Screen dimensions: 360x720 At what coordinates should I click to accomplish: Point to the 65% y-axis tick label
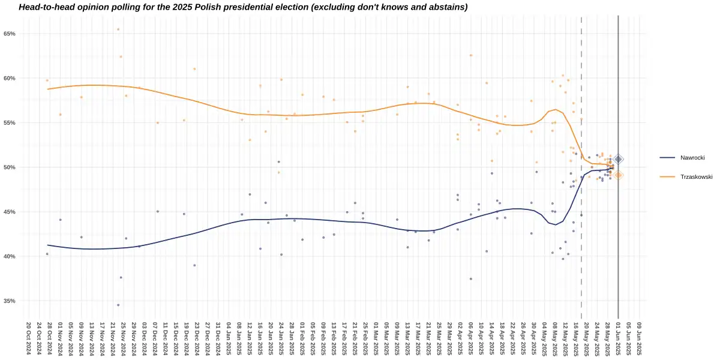10,34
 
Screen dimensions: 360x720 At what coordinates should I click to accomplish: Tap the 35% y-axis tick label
10,301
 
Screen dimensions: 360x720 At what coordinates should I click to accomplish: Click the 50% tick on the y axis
10,167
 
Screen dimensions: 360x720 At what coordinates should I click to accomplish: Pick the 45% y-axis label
10,212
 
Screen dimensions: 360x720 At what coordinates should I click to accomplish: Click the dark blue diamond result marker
618,159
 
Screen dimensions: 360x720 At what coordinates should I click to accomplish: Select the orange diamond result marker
618,175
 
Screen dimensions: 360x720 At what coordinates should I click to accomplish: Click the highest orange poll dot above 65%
118,29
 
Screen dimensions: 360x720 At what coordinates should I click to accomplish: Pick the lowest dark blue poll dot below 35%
118,305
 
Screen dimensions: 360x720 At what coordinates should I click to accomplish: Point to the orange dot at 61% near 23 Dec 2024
194,69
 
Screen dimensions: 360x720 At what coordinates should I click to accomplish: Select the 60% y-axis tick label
10,78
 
